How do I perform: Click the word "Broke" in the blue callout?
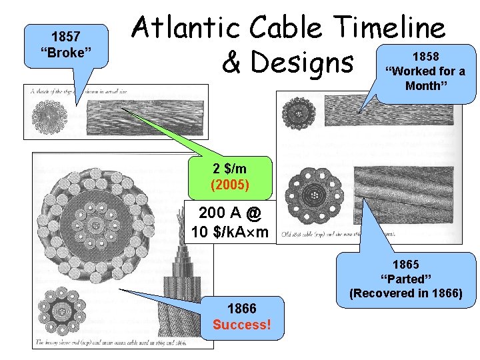point(65,53)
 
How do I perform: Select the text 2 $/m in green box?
point(230,169)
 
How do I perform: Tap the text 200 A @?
point(229,215)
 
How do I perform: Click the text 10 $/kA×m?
point(229,231)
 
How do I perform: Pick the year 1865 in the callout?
point(406,265)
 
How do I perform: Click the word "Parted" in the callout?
point(406,279)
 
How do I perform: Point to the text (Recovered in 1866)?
point(406,293)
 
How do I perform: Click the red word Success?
point(241,325)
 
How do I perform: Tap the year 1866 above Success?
point(241,309)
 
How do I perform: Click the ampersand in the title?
point(231,63)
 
